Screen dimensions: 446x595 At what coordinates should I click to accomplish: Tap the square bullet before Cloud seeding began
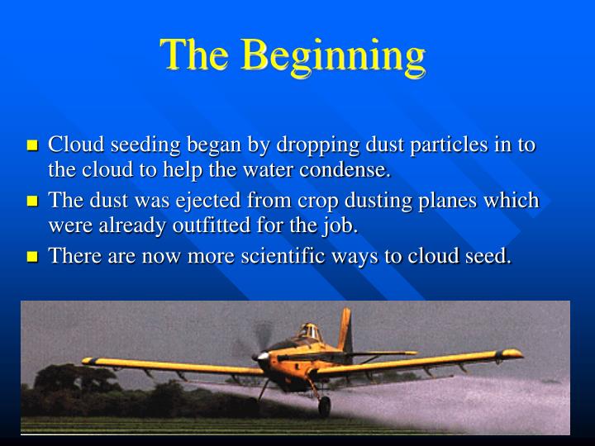(33, 146)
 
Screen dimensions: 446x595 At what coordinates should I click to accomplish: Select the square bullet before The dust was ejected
(33, 202)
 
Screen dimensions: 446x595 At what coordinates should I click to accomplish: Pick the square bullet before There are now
(33, 257)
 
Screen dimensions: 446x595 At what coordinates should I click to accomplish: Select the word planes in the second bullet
(458, 201)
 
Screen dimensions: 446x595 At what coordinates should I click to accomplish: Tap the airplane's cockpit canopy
(307, 331)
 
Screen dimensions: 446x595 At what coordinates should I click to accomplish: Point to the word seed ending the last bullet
(489, 256)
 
